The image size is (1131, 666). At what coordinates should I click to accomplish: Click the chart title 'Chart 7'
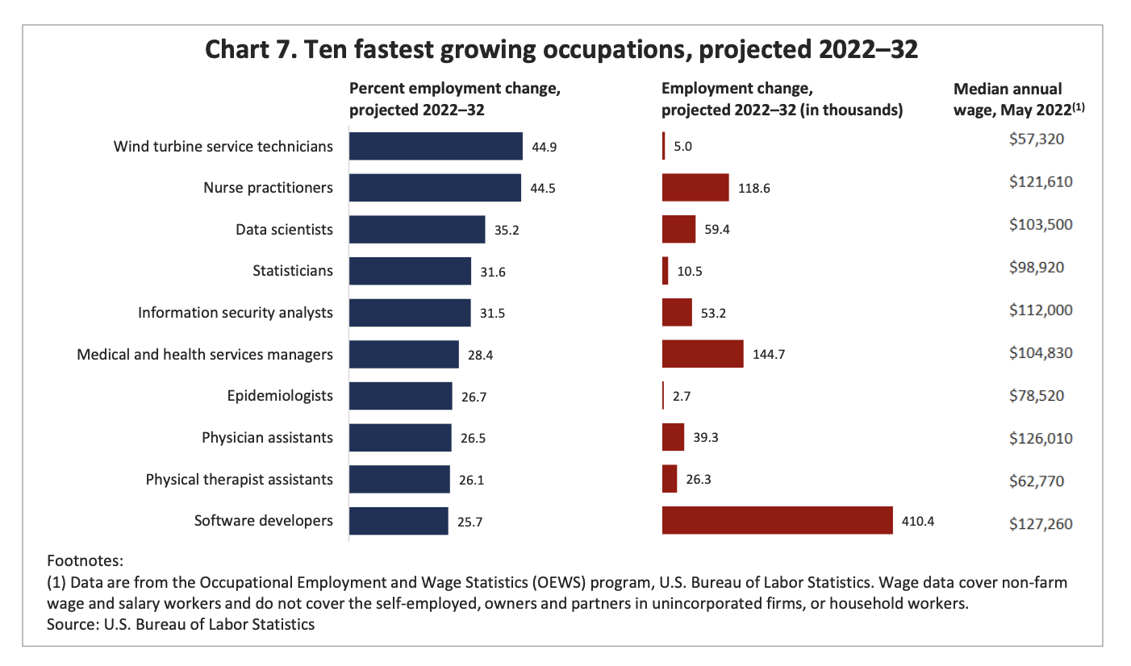point(561,49)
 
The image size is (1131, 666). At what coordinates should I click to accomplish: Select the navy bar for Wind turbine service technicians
point(436,146)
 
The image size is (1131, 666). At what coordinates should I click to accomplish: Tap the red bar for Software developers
point(777,520)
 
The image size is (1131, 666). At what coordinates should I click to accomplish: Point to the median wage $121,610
point(1041,181)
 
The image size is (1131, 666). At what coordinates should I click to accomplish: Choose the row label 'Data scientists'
point(284,230)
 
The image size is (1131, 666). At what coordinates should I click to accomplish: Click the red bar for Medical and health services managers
point(702,354)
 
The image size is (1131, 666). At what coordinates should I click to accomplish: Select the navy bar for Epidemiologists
point(400,396)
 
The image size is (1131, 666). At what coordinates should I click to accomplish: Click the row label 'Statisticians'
point(292,271)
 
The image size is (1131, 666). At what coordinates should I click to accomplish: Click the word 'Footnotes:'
point(85,560)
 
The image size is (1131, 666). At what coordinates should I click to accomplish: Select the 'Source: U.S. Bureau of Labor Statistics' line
point(181,624)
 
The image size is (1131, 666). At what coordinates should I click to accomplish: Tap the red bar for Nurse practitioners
point(695,187)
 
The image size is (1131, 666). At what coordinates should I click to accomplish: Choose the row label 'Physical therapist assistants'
point(239,480)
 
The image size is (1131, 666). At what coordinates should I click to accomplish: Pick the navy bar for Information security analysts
point(410,313)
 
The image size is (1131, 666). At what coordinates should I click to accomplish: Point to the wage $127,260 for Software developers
point(1041,523)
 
